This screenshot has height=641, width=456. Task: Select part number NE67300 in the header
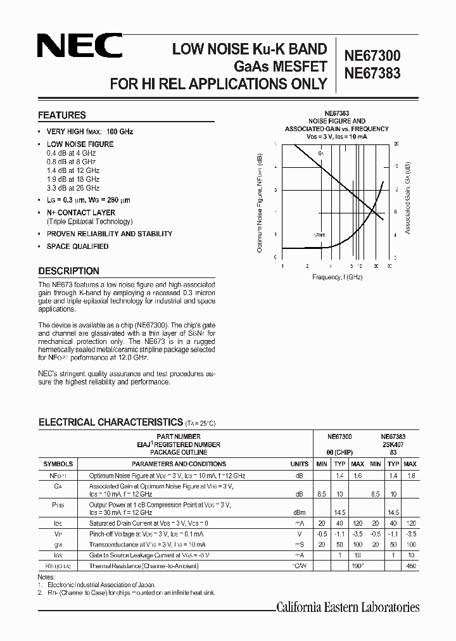click(x=372, y=56)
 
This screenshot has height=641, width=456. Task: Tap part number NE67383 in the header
click(x=372, y=73)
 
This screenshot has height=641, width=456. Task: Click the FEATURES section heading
click(x=62, y=115)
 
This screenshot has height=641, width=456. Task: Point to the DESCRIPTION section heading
click(x=68, y=271)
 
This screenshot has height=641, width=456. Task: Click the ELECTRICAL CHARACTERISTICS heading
click(x=111, y=422)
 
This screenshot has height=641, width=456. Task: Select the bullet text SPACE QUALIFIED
click(x=77, y=246)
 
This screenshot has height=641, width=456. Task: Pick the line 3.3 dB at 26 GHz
click(x=73, y=188)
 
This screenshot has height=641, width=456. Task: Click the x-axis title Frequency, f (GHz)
click(x=337, y=277)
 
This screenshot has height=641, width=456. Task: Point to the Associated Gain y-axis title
click(x=408, y=198)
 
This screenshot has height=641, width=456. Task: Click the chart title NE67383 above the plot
click(x=336, y=113)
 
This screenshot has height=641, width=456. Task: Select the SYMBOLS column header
click(x=58, y=464)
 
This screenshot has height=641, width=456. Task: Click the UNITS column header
click(x=300, y=464)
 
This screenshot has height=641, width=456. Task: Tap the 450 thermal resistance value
click(x=411, y=566)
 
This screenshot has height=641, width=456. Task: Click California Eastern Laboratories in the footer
click(x=348, y=607)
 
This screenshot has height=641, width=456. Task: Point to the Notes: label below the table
click(x=47, y=577)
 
